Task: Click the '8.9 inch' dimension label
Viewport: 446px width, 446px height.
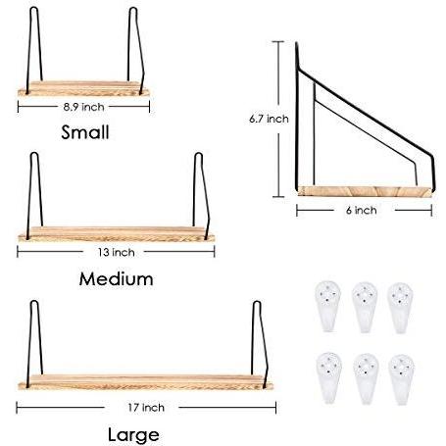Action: coord(83,107)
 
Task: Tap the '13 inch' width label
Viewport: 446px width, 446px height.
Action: coord(116,252)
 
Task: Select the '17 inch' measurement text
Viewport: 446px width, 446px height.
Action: coord(146,408)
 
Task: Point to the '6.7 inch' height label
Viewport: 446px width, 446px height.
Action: coord(269,119)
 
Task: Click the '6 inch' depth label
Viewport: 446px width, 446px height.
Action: coord(361,210)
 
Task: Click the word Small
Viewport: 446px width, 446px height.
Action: coord(85,132)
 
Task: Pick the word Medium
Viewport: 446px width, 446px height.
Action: coord(116,279)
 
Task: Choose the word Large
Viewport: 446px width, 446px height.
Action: coord(133,435)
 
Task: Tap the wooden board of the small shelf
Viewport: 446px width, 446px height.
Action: coord(83,88)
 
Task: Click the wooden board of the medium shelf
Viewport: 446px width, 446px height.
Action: coord(117,234)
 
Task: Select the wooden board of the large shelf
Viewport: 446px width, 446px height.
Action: coord(146,382)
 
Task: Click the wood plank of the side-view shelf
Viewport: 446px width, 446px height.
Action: coord(365,191)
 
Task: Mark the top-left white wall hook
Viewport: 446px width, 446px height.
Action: coord(328,306)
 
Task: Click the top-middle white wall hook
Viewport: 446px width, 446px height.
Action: coord(365,307)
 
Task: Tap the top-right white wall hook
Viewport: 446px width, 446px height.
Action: coord(401,307)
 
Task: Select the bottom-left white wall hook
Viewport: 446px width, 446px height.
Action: coord(328,377)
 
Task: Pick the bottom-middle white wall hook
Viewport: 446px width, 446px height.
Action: coord(366,378)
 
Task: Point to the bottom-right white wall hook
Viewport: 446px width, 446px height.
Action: coord(402,379)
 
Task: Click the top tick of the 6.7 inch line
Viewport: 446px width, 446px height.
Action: coord(278,41)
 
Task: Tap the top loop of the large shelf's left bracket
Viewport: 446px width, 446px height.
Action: coord(34,302)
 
